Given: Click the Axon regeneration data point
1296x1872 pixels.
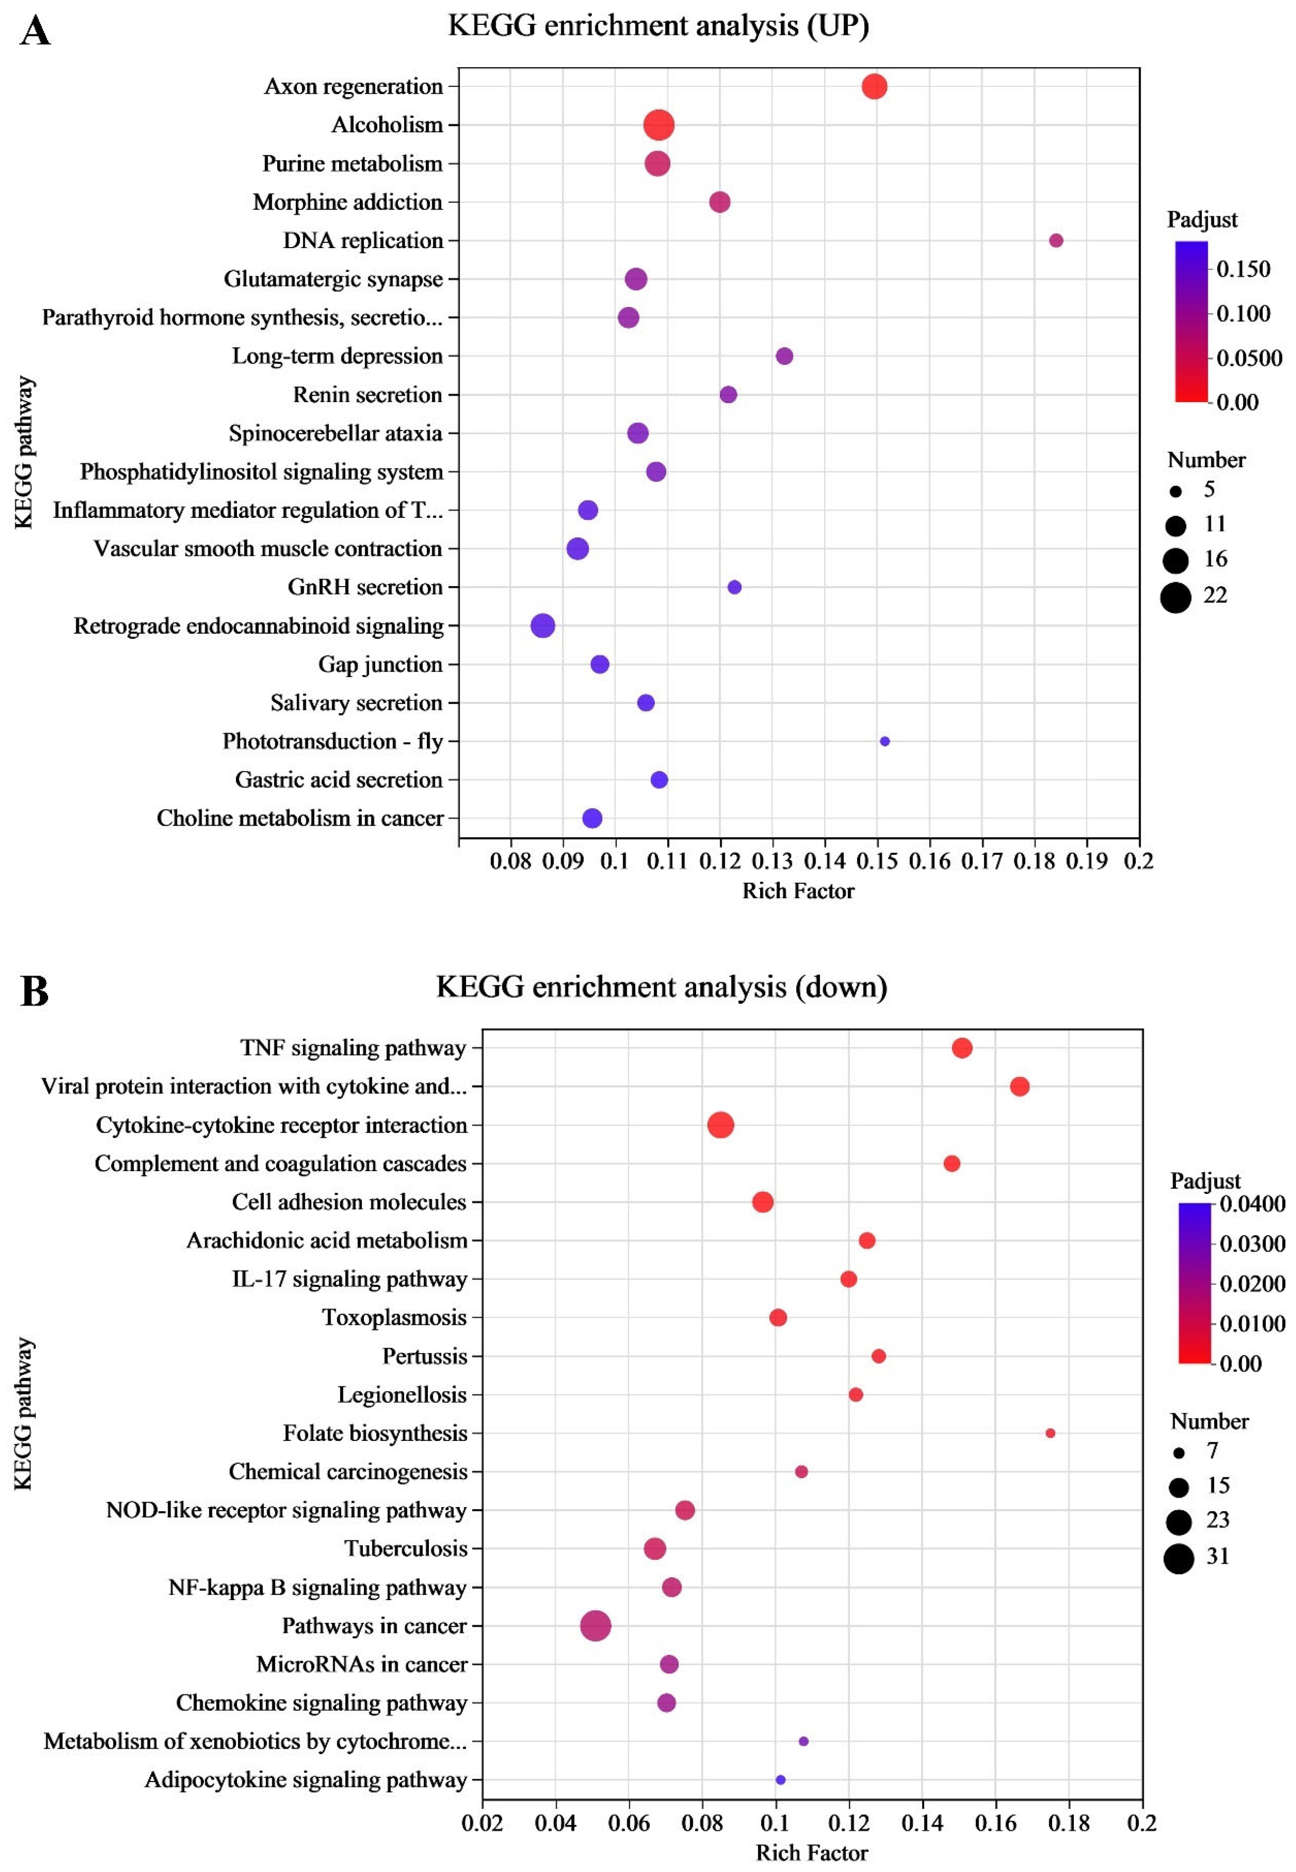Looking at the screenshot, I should (x=874, y=86).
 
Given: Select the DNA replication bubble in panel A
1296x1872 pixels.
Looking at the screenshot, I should (x=1056, y=240).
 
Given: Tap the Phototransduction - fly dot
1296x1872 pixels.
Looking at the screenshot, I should (x=884, y=741).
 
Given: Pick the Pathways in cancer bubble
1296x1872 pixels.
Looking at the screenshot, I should (x=596, y=1626).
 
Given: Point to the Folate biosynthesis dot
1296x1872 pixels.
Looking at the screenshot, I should (x=1050, y=1433).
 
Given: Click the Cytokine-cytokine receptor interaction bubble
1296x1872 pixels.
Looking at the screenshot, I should (x=720, y=1125).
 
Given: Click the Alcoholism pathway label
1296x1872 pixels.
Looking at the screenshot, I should (x=387, y=125).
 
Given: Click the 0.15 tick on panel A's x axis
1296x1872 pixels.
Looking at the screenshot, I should (x=877, y=861).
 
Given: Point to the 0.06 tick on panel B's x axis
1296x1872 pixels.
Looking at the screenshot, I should (x=628, y=1823).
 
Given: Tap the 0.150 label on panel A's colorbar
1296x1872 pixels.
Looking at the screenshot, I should (x=1243, y=269).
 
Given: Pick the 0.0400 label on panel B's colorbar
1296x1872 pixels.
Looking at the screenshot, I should (x=1252, y=1204).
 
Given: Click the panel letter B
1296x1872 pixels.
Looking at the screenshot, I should (x=34, y=991).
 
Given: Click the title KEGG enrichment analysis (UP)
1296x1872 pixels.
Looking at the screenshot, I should (x=659, y=26).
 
